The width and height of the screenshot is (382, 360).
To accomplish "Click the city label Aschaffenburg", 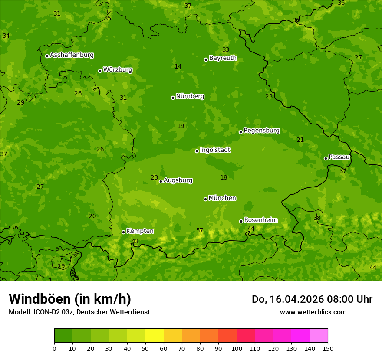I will (x=72, y=55).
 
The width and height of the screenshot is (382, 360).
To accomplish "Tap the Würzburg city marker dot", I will (x=100, y=71).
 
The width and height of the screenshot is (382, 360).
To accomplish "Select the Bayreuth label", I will (x=223, y=58).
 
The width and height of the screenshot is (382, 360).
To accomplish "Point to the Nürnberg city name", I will (x=190, y=96).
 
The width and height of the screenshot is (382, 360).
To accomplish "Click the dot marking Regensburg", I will (x=240, y=132).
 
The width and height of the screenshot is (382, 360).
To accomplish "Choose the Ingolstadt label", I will (x=215, y=150).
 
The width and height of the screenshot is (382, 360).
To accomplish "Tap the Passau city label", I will (x=339, y=157).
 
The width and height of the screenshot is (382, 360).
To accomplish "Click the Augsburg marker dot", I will (x=161, y=181).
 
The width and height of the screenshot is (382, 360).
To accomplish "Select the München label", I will (x=222, y=198).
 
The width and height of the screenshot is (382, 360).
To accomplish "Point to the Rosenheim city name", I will (x=260, y=220).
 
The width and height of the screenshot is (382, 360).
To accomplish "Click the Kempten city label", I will (x=140, y=231).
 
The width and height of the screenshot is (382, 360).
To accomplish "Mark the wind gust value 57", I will (x=200, y=231).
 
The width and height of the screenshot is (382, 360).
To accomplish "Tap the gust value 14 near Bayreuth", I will (x=178, y=67).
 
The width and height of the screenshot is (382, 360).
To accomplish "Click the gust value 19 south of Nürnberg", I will (x=181, y=126).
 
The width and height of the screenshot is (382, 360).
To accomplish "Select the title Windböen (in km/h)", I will (x=70, y=299).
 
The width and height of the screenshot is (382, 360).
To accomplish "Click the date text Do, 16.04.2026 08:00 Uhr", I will (x=312, y=299).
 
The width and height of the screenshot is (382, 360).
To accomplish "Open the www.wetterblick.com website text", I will (x=313, y=312).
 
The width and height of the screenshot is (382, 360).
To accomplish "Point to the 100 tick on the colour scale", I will (x=237, y=348).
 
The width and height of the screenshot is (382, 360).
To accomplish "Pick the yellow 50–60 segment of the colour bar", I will (x=155, y=335).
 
